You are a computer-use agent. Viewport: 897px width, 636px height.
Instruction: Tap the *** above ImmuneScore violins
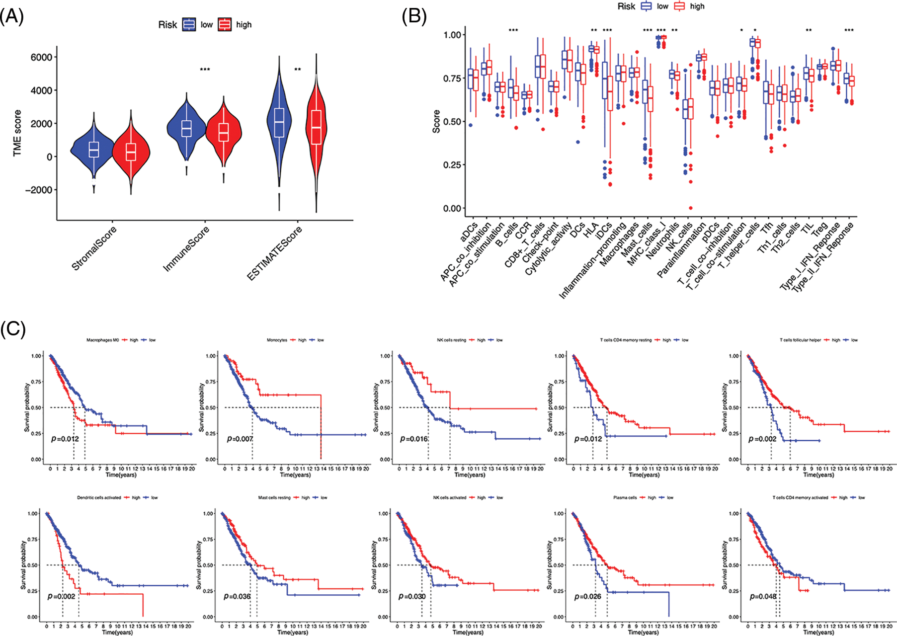(205, 70)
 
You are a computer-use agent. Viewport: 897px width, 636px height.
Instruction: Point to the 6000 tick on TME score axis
(42, 57)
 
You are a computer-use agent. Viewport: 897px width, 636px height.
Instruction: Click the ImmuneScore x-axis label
(187, 249)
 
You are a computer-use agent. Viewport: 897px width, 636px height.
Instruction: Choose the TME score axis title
(18, 133)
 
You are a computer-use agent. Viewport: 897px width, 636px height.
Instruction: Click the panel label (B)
(414, 17)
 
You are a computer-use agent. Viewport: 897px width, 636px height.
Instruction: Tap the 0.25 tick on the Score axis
(452, 165)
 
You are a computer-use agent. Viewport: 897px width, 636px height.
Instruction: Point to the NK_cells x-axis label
(679, 238)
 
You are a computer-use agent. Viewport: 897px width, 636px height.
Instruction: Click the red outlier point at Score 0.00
(691, 208)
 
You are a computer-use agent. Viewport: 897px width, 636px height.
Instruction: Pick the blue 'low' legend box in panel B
(646, 6)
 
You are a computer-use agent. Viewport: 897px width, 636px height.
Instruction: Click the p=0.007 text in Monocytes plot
(240, 439)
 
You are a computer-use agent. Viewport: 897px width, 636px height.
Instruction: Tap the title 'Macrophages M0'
(102, 340)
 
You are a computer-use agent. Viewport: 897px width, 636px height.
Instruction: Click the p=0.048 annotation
(763, 596)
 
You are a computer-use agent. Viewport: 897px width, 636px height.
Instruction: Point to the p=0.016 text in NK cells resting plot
(414, 439)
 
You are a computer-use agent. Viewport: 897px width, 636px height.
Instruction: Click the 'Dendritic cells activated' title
(99, 497)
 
